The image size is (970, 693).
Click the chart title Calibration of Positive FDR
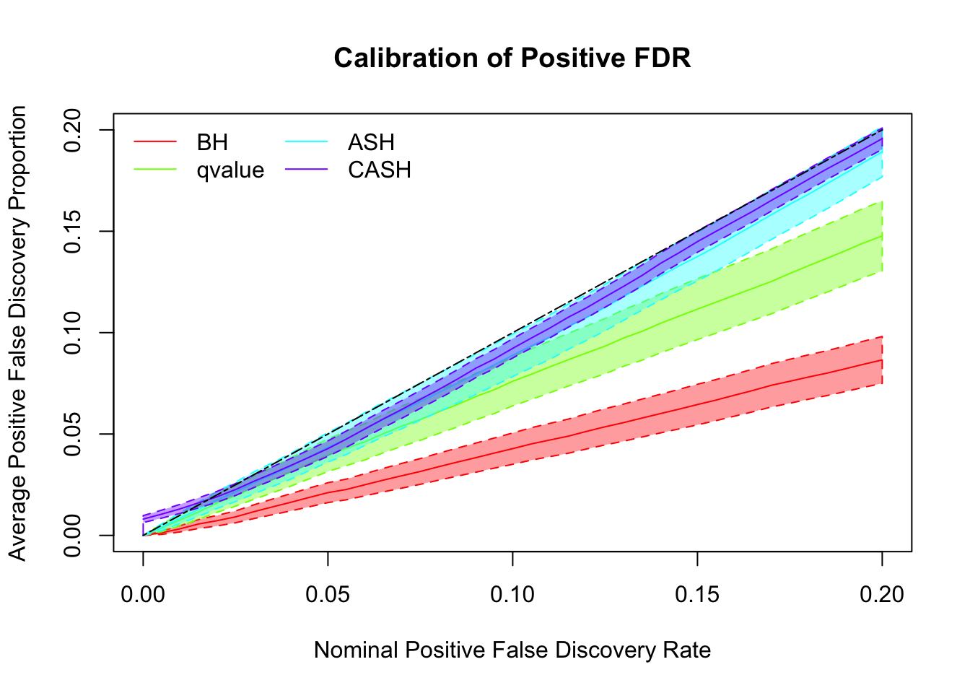[x=512, y=58]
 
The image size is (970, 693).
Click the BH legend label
[x=212, y=142]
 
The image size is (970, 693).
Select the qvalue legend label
[x=230, y=170]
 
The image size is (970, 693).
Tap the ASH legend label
[x=371, y=142]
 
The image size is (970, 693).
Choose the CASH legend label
[x=380, y=170]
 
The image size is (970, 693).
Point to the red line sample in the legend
[x=155, y=142]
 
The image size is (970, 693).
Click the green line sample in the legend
[x=155, y=170]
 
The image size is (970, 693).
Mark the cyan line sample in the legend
[x=307, y=142]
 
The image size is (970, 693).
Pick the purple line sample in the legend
[x=307, y=170]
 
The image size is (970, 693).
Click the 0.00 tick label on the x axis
[x=143, y=595]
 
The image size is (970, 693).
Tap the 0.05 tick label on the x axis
[x=328, y=595]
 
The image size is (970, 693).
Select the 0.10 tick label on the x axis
[x=512, y=595]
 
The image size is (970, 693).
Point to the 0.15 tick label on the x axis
[x=697, y=595]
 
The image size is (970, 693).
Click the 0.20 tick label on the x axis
[x=882, y=595]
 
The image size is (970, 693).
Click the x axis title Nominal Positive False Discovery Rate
[x=512, y=650]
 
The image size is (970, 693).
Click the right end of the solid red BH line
[x=882, y=359]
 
